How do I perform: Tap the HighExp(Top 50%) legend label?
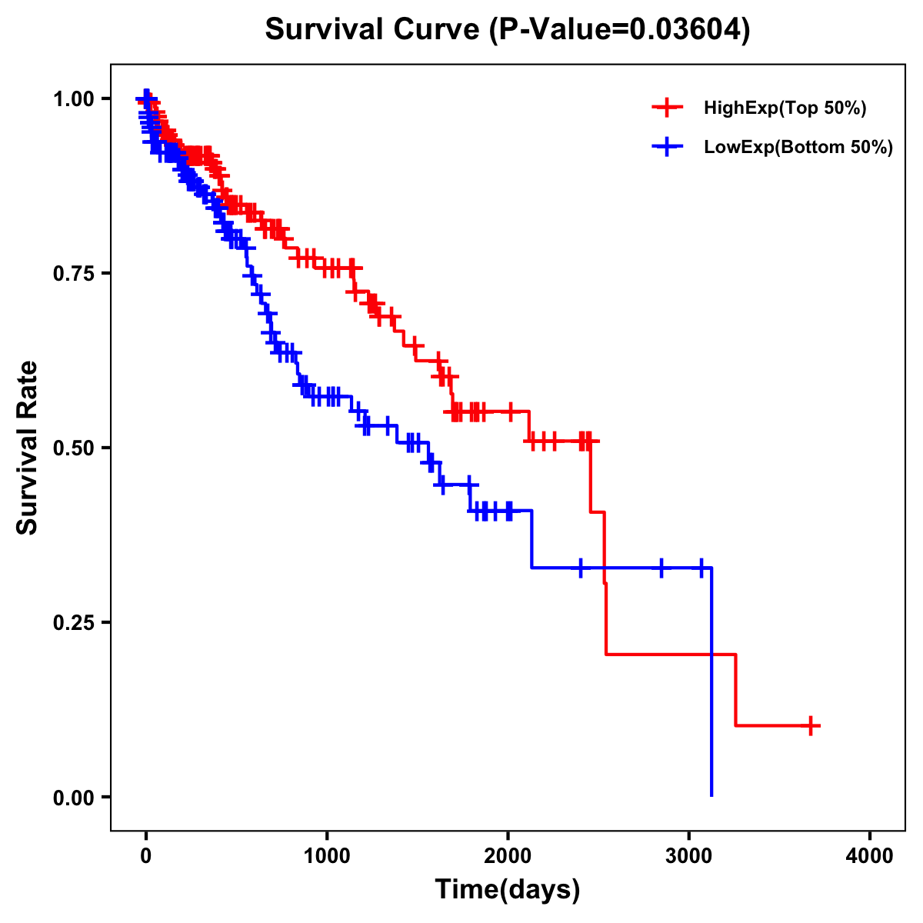pos(785,108)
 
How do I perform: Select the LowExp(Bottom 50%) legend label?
pos(798,148)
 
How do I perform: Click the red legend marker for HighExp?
pos(667,108)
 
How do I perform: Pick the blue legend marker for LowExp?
pos(667,147)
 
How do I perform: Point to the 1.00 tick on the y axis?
pos(74,98)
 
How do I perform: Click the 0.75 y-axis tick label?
pos(74,273)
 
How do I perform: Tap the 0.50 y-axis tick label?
pos(74,448)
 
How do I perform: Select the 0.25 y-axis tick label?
pos(74,622)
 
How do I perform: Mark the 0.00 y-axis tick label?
pos(74,797)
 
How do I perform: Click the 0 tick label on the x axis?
pos(146,856)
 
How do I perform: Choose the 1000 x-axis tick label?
pos(327,856)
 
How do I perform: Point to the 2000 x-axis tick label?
pos(508,856)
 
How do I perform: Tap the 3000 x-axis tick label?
pos(689,856)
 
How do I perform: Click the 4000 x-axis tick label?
pos(870,856)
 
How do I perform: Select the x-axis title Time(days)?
pos(508,890)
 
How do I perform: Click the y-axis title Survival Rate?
pos(28,448)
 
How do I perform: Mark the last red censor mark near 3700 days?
pos(810,725)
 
